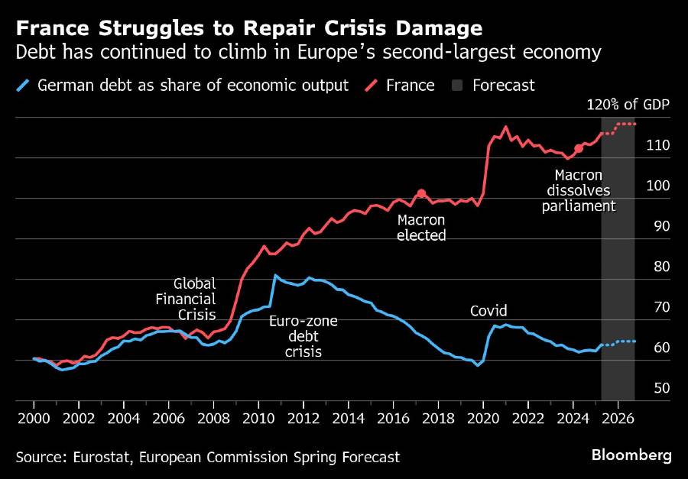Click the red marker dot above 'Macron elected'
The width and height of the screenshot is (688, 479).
(421, 193)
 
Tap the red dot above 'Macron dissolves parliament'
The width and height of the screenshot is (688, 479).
(579, 148)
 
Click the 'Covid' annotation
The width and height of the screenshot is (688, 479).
(488, 311)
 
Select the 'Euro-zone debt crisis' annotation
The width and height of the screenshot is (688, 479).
(303, 336)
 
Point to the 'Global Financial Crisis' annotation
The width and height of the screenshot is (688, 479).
(195, 299)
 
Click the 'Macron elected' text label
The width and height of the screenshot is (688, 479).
(421, 228)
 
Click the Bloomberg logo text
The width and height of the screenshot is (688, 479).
(631, 455)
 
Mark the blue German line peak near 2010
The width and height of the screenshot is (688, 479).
(275, 275)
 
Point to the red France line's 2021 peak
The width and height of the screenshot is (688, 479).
(506, 127)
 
